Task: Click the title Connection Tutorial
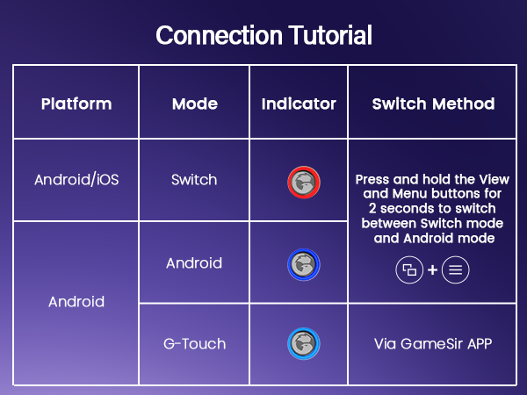[x=263, y=35]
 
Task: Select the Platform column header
[x=76, y=104]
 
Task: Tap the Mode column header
[x=194, y=104]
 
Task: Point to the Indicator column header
[x=299, y=104]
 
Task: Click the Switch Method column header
[x=433, y=104]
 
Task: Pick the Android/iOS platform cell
[x=76, y=180]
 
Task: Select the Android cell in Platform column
[x=76, y=302]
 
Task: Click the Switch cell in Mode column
[x=194, y=180]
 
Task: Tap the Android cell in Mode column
[x=194, y=262]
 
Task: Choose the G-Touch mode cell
[x=194, y=344]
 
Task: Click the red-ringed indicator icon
[x=304, y=182]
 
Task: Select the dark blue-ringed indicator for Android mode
[x=304, y=263]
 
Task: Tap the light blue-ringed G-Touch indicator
[x=304, y=344]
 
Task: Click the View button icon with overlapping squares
[x=409, y=270]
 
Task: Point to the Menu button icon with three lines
[x=455, y=270]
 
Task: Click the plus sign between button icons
[x=432, y=270]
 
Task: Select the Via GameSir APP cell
[x=433, y=344]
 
